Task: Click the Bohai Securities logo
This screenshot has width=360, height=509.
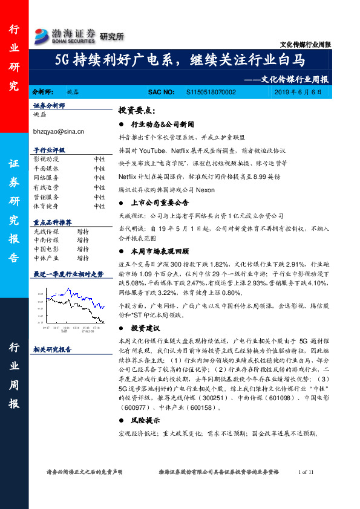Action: click(65, 35)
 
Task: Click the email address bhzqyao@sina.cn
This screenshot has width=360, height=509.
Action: click(59, 131)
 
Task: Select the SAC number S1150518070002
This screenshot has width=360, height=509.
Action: click(211, 91)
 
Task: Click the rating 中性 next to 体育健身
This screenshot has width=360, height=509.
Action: click(99, 206)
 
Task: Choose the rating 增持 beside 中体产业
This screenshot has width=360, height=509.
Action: click(83, 258)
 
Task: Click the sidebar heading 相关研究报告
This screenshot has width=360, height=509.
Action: click(52, 349)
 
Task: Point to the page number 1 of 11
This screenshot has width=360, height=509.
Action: click(307, 472)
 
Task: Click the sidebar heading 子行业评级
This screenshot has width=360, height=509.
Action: click(50, 149)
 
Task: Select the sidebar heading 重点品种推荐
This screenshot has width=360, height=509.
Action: click(52, 222)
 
